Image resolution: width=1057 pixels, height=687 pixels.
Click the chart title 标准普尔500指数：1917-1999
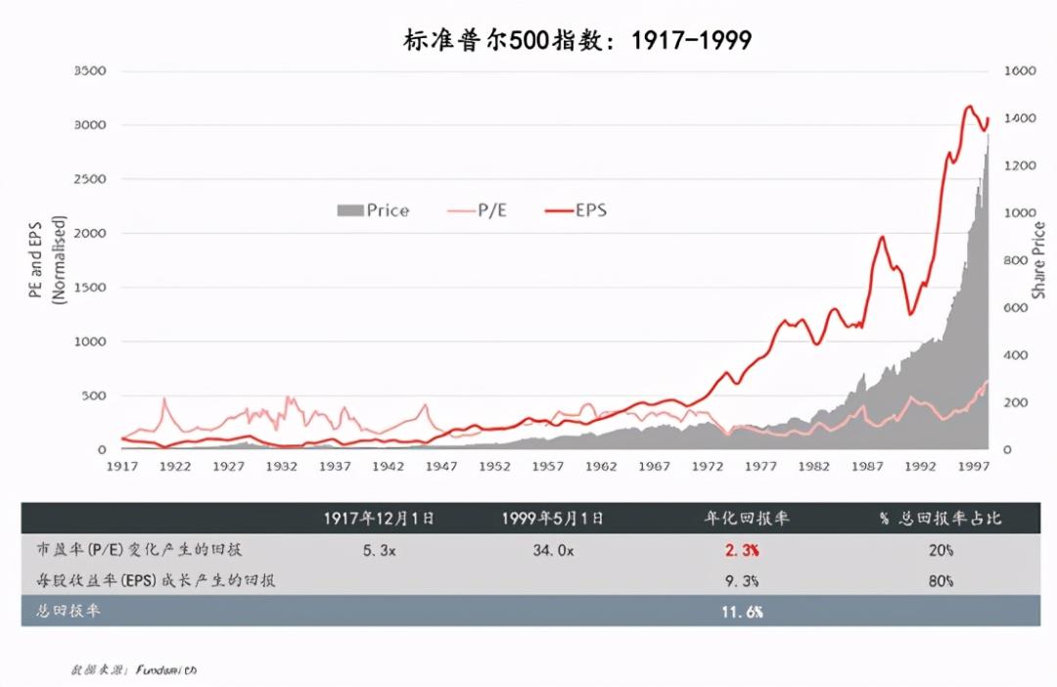tap(577, 40)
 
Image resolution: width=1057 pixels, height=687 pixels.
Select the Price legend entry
tap(373, 210)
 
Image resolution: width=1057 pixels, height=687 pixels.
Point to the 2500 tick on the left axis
tap(90, 179)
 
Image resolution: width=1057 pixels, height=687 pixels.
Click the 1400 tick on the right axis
tap(1019, 118)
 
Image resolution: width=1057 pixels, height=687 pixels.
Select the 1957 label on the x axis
tap(548, 467)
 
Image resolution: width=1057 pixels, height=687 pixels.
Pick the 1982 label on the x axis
tap(816, 467)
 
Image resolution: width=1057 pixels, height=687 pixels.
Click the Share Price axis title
tap(1038, 260)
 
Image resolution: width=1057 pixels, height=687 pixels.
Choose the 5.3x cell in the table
tap(379, 550)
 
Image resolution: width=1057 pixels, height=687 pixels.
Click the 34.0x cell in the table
tap(554, 550)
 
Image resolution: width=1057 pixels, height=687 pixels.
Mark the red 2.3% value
tap(743, 550)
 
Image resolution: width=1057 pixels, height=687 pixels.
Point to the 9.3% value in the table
tap(743, 580)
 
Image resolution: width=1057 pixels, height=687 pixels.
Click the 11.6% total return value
tap(743, 611)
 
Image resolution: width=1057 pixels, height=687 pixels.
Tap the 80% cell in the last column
tap(941, 580)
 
